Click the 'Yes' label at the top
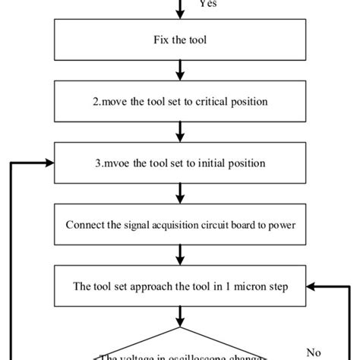click(x=207, y=4)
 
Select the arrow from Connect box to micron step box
click(x=180, y=257)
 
